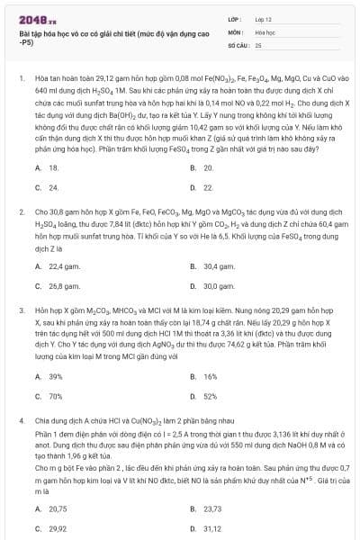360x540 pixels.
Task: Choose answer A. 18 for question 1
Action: pyautogui.click(x=53, y=167)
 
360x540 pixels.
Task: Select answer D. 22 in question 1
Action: pyautogui.click(x=208, y=187)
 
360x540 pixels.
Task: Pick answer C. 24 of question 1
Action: pyautogui.click(x=53, y=187)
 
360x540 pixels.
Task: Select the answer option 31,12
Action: pyautogui.click(x=212, y=528)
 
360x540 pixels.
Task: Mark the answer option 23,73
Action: pyautogui.click(x=212, y=508)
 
